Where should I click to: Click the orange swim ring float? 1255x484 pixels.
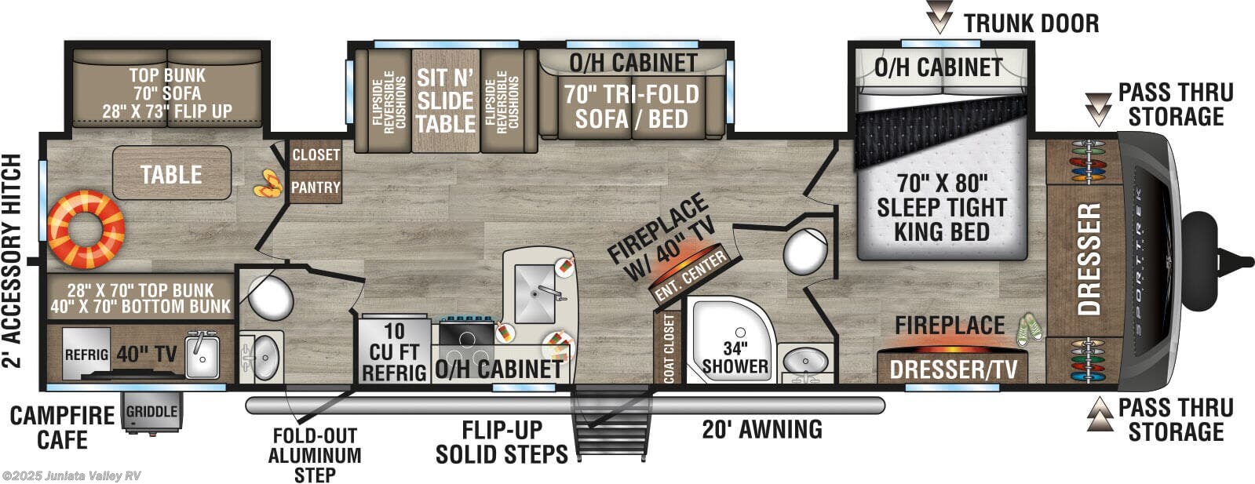click(x=86, y=228)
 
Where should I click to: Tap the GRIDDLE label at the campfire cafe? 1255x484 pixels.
click(x=151, y=412)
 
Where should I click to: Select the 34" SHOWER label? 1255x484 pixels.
click(x=735, y=358)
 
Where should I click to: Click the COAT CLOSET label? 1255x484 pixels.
click(x=669, y=348)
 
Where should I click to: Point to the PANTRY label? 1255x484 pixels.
click(x=316, y=187)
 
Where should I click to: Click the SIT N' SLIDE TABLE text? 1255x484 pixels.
click(x=445, y=101)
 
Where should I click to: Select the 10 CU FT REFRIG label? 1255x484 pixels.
click(x=395, y=353)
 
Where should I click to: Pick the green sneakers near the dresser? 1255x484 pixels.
click(x=1029, y=329)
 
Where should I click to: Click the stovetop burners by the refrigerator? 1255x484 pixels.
click(x=466, y=336)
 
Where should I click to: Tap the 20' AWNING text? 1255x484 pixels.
click(x=761, y=429)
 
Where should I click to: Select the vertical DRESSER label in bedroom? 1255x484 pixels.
click(x=1089, y=259)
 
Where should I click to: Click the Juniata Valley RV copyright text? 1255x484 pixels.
click(x=71, y=476)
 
